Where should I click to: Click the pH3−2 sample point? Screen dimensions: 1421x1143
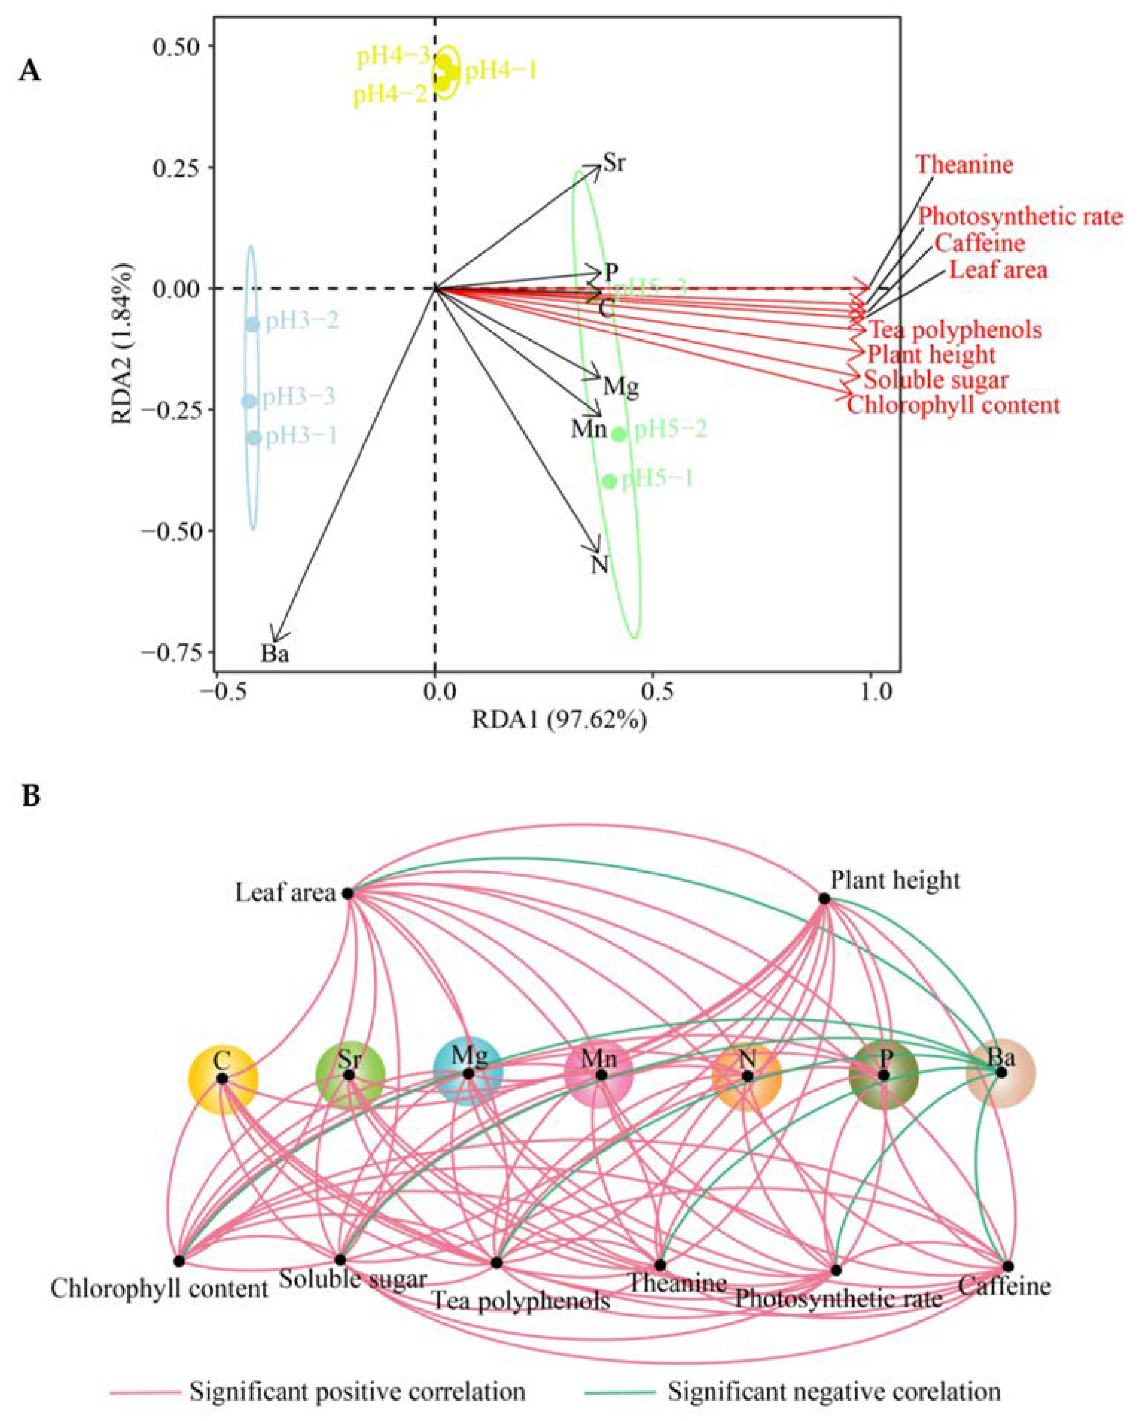click(x=253, y=324)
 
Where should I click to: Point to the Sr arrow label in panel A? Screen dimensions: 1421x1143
click(x=614, y=163)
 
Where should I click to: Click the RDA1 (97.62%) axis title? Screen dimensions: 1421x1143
click(x=559, y=721)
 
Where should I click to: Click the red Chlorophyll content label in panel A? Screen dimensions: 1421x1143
click(x=953, y=404)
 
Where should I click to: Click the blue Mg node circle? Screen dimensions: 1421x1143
click(x=468, y=1073)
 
